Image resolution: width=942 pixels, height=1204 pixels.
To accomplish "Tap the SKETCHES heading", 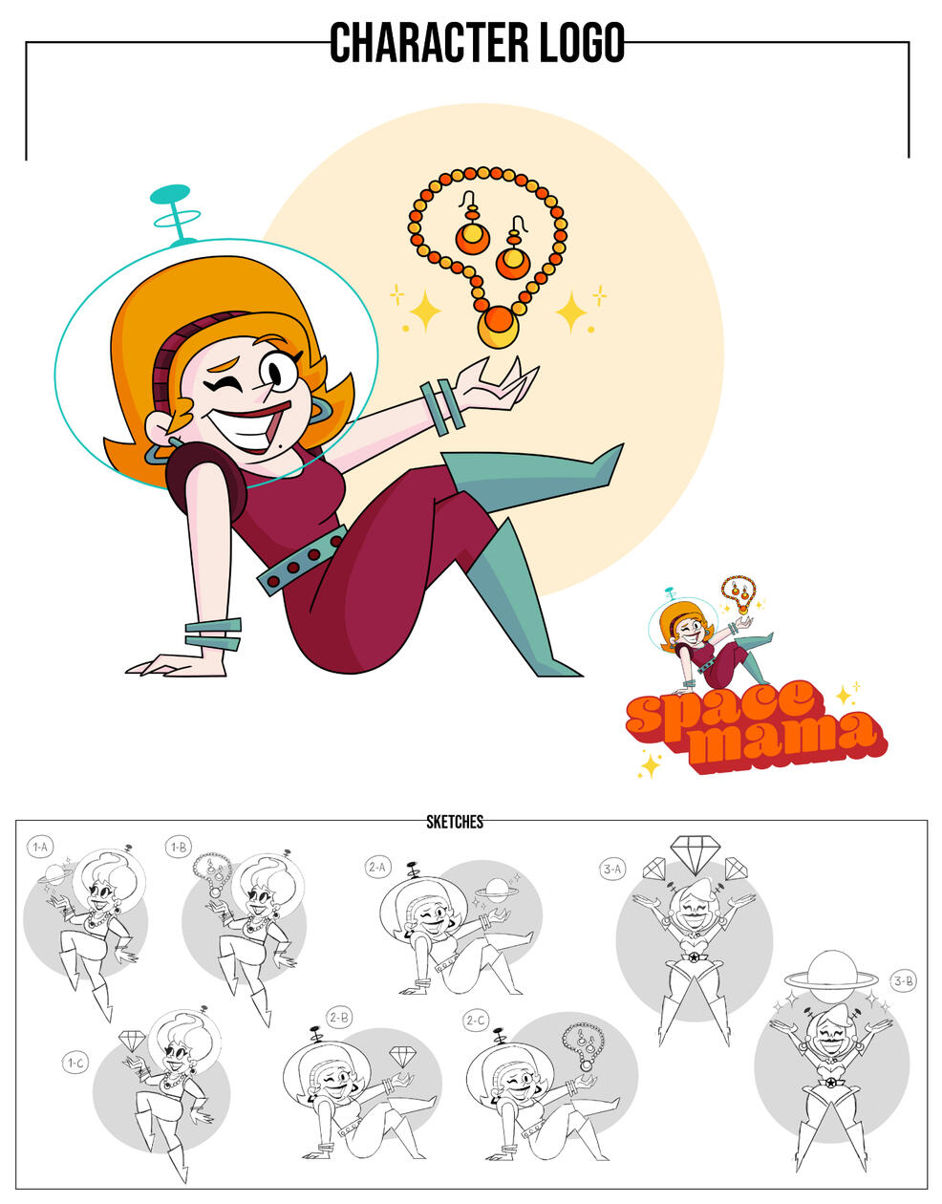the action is [x=455, y=822].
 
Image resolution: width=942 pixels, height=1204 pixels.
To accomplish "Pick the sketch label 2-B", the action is [x=339, y=1018].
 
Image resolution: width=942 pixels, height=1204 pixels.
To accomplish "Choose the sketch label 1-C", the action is [x=75, y=1063].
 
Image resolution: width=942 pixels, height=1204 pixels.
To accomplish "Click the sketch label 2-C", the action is [x=475, y=1020].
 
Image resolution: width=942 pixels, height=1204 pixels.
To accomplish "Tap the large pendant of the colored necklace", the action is [x=498, y=327].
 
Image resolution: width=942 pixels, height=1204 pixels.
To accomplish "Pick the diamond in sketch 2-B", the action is [x=400, y=1056].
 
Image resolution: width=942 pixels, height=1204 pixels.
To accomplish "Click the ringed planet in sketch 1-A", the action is [x=54, y=873].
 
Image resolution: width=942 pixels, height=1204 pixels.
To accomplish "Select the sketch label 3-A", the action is [x=612, y=870].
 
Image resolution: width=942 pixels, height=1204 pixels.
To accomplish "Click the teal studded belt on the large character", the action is [x=302, y=560].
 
